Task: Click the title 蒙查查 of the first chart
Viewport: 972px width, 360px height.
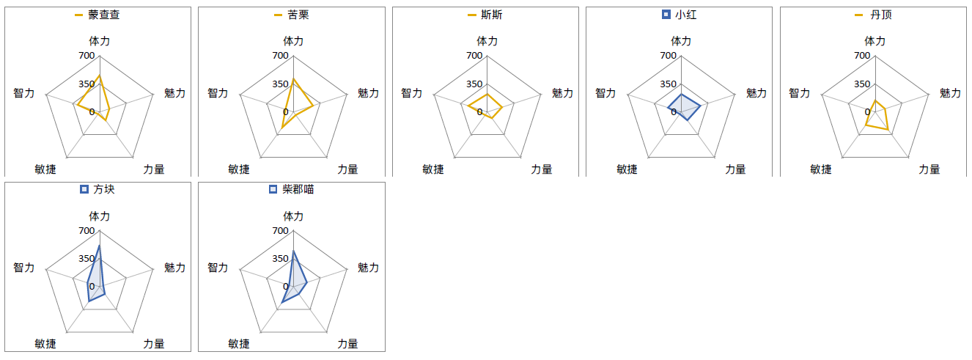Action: click(x=104, y=15)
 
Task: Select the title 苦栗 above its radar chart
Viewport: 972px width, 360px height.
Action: click(x=298, y=15)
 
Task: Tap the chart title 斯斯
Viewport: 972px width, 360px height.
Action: click(x=492, y=15)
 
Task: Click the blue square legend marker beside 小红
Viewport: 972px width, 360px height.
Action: click(x=666, y=15)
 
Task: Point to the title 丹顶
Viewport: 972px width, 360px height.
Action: click(x=881, y=15)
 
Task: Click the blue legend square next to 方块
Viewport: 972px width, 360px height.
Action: click(x=84, y=189)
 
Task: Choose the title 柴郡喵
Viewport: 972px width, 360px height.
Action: click(x=298, y=189)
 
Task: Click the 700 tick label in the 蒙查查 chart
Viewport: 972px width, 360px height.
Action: click(x=86, y=56)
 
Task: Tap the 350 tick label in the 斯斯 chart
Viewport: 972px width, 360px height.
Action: click(x=474, y=84)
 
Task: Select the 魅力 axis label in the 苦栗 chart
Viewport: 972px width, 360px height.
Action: click(x=369, y=93)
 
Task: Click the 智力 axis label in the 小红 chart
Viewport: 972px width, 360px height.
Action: click(x=605, y=93)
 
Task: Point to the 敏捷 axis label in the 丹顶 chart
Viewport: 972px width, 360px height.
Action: click(x=821, y=169)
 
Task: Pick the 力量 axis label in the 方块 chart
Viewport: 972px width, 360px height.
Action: click(x=154, y=344)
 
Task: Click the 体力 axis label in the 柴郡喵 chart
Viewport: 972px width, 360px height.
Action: click(x=293, y=216)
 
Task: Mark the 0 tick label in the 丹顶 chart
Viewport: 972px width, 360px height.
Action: click(x=867, y=112)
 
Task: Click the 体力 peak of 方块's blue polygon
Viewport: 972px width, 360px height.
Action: click(x=100, y=246)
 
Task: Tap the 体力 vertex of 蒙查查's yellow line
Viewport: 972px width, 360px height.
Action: click(x=100, y=76)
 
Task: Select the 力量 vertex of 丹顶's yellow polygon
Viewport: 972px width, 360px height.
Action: click(x=888, y=129)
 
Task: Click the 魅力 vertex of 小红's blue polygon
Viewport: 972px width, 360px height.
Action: click(x=700, y=106)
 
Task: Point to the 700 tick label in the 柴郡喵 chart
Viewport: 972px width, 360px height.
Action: click(x=280, y=231)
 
